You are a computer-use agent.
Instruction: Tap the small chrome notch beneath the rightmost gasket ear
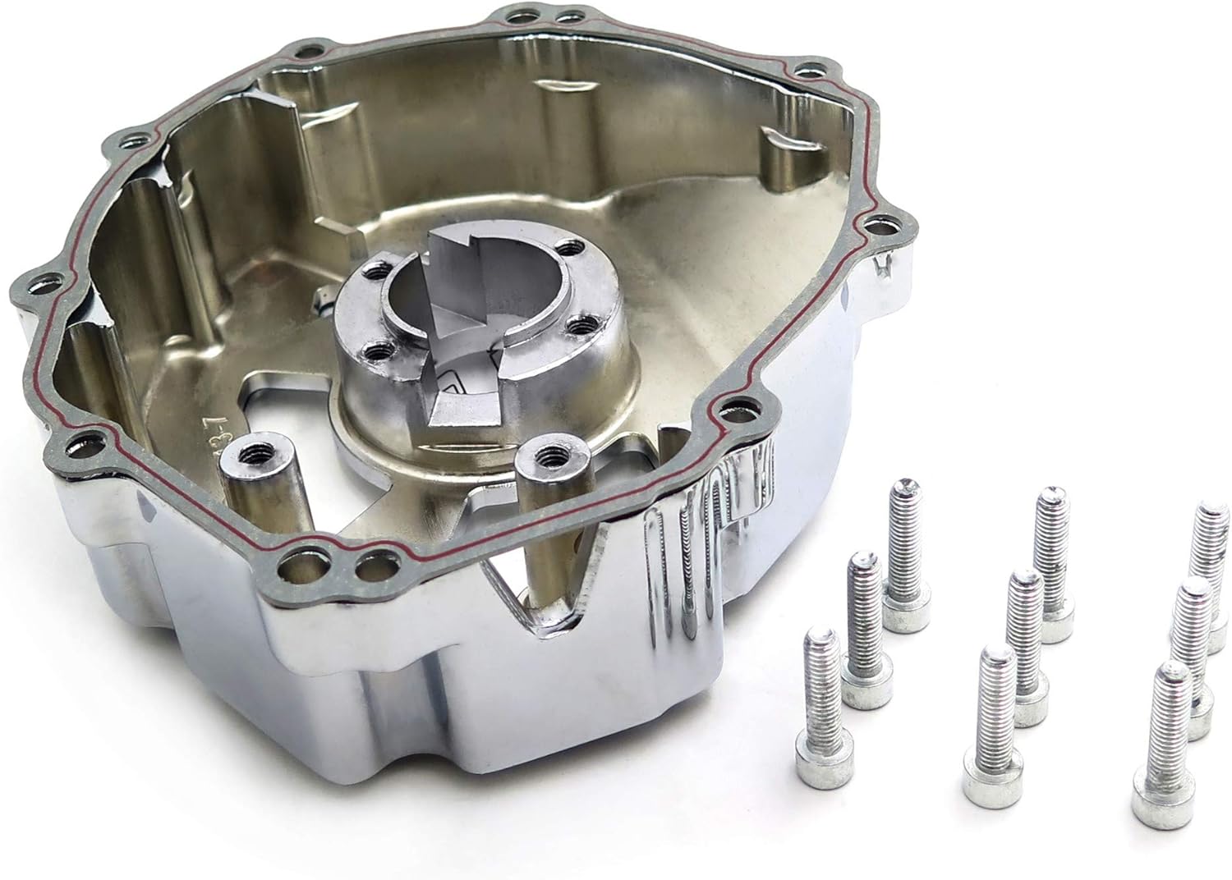(x=885, y=264)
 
